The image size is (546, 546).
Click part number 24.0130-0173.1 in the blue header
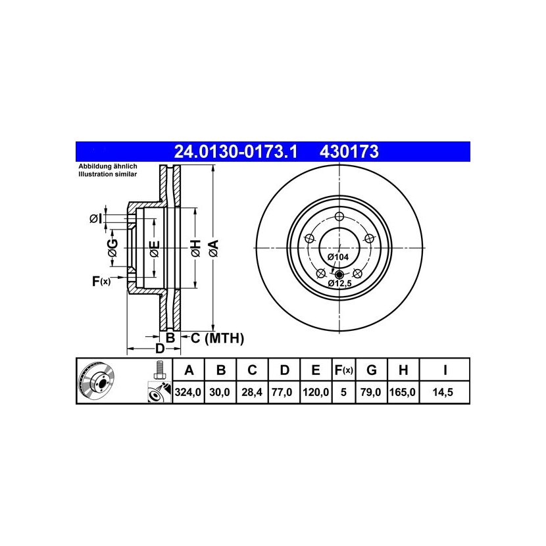(236, 152)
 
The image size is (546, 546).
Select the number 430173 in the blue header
(349, 152)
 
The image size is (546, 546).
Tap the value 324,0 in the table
(188, 393)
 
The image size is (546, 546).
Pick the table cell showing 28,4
(252, 393)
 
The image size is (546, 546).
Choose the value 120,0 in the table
(316, 393)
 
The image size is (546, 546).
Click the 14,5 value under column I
(443, 393)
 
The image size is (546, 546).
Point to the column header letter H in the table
(403, 370)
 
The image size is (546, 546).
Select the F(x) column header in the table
(343, 370)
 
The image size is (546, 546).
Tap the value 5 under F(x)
(343, 393)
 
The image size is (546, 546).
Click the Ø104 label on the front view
(337, 257)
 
